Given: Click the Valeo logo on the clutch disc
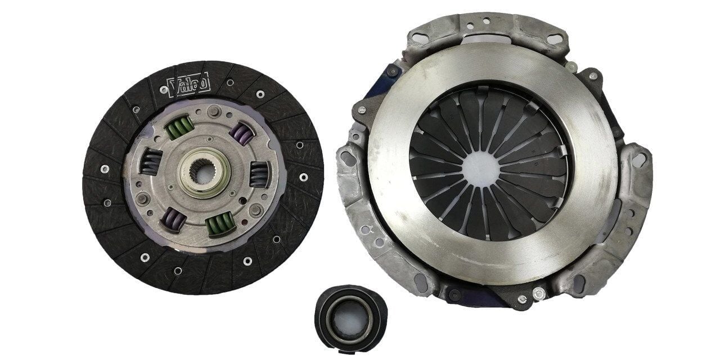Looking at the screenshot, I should tap(189, 84).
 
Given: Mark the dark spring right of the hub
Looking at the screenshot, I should tap(259, 174).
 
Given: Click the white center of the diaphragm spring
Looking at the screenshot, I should tap(483, 166).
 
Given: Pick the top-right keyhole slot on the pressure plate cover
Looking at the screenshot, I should tap(555, 39).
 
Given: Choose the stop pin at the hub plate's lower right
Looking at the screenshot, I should tap(256, 211).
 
